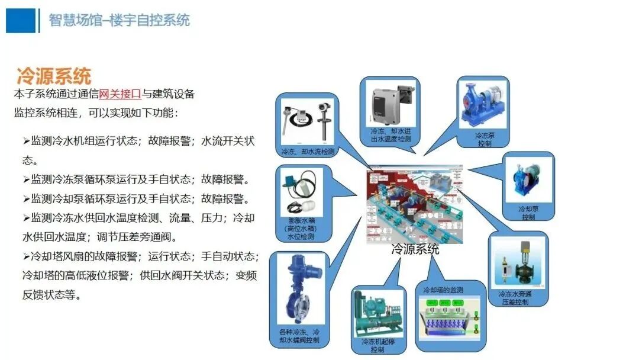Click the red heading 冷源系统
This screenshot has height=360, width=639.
(x=54, y=76)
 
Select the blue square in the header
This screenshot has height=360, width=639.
(x=21, y=20)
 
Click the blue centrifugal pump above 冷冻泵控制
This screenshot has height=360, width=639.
(x=483, y=106)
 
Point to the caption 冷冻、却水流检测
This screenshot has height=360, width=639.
(x=307, y=152)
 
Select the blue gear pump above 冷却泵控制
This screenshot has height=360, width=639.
(x=527, y=181)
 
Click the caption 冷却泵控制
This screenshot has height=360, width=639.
(x=528, y=213)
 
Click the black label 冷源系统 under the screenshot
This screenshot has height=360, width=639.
(x=415, y=249)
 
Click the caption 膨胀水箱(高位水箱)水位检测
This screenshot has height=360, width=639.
(x=302, y=229)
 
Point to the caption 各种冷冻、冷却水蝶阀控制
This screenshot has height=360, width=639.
(x=299, y=336)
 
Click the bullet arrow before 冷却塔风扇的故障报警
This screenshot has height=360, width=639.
(x=26, y=256)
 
